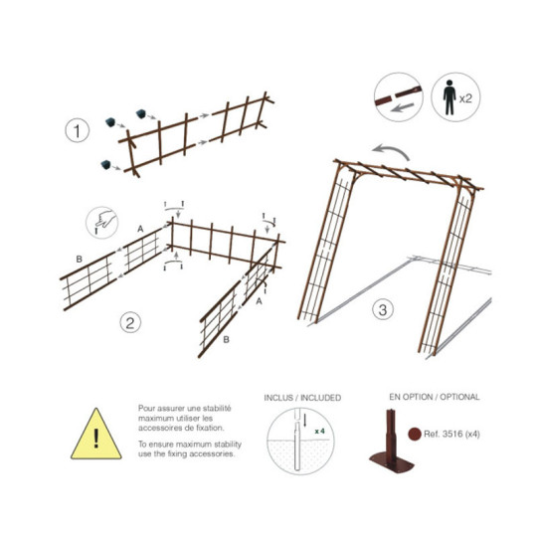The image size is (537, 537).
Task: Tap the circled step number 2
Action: pyautogui.click(x=129, y=322)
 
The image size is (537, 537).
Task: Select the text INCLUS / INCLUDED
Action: pyautogui.click(x=302, y=397)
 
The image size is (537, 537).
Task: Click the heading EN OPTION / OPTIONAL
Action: pyautogui.click(x=434, y=397)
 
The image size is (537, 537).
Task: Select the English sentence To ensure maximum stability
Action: pyautogui.click(x=187, y=448)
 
